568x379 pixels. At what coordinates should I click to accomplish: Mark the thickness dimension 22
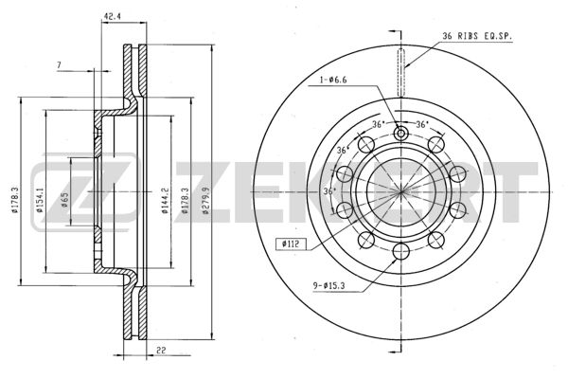(x=163, y=352)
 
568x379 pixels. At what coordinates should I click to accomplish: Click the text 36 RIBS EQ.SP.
(x=479, y=37)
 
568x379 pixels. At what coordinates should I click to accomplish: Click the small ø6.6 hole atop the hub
(x=400, y=133)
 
